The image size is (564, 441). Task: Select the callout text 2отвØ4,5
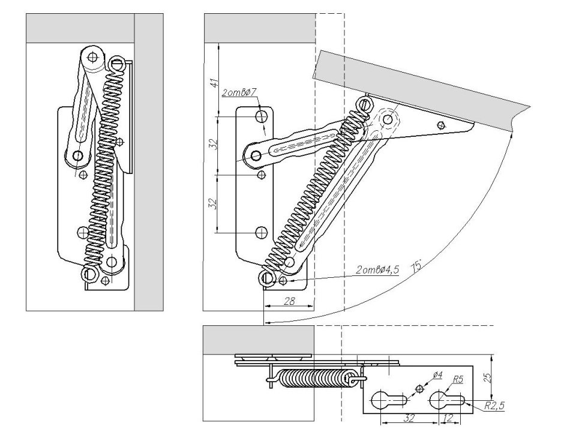[377, 271]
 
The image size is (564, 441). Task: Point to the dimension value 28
[289, 302]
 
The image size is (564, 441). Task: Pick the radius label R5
[458, 379]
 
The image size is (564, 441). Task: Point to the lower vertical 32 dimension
[212, 203]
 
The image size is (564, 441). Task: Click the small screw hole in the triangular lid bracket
[442, 125]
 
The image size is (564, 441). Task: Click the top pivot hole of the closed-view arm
[92, 58]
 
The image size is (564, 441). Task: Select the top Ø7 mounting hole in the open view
[262, 115]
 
